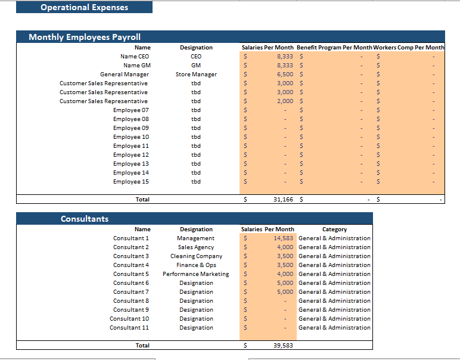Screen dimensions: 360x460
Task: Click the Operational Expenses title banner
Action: click(84, 7)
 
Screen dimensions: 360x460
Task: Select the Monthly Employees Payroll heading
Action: click(85, 37)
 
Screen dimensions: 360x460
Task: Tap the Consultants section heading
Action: click(85, 219)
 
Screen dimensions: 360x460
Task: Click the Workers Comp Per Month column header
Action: click(409, 47)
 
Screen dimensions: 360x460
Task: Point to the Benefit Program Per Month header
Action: click(334, 47)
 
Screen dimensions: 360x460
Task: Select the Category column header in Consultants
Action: click(334, 229)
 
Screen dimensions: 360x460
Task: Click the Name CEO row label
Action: click(135, 56)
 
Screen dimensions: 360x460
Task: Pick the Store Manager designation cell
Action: click(196, 74)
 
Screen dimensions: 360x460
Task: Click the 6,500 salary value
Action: click(285, 74)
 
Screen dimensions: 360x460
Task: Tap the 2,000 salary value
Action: click(285, 101)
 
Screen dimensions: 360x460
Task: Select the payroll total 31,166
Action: click(283, 199)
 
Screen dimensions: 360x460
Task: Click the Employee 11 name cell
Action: click(131, 145)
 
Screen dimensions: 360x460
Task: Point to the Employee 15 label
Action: click(131, 181)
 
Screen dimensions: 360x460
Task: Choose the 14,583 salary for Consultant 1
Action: click(283, 238)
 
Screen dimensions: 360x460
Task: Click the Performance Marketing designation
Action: click(196, 274)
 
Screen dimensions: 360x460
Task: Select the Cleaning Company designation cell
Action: click(196, 256)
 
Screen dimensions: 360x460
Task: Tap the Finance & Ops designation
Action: click(196, 265)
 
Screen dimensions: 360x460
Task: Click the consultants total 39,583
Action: click(283, 345)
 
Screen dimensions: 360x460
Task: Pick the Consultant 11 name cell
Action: click(129, 327)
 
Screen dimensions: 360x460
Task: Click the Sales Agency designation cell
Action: click(196, 247)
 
